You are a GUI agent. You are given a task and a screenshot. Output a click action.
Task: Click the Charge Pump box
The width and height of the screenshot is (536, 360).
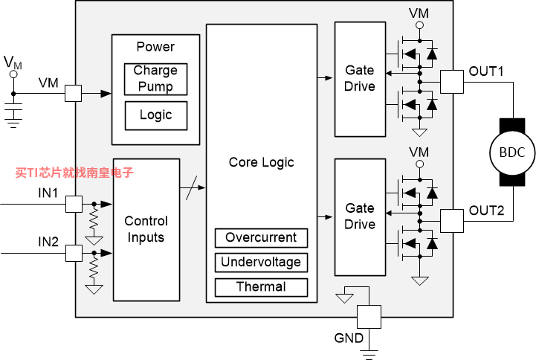coord(155,79)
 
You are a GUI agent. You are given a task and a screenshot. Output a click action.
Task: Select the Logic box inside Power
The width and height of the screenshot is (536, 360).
coord(156,115)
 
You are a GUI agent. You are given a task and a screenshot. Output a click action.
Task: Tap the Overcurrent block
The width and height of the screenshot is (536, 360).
coord(261,238)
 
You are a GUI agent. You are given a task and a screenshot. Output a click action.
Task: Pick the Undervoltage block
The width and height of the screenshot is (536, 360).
coord(261,263)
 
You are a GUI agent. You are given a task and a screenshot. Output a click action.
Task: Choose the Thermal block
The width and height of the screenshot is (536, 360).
coord(261,287)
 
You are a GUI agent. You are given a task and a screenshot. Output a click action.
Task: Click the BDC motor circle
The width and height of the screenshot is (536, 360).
coord(512,152)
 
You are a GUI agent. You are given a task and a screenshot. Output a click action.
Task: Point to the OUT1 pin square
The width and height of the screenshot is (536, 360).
coord(451,82)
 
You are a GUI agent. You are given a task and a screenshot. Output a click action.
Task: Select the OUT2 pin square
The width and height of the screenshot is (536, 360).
coord(451,221)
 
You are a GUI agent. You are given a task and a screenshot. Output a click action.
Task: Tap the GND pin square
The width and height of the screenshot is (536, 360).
coord(369,317)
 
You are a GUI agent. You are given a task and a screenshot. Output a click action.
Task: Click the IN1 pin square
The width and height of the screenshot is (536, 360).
coord(74,204)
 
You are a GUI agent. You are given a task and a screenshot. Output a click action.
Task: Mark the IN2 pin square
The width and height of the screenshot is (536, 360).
coord(74,253)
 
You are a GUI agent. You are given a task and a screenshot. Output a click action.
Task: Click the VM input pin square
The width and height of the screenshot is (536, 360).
coord(73,93)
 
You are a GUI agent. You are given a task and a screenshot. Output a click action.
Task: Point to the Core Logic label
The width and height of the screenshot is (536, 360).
coord(261,162)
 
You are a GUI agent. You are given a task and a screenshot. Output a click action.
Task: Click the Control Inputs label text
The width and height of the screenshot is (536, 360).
coord(146,229)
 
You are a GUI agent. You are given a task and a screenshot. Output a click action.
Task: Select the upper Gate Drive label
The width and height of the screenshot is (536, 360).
coord(360,78)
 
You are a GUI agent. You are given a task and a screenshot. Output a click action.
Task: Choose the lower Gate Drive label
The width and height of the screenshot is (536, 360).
coord(360,216)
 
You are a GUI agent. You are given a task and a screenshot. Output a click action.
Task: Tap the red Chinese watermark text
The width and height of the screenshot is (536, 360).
coord(74,173)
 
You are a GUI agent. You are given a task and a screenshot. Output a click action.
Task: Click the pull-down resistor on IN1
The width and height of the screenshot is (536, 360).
coord(94,220)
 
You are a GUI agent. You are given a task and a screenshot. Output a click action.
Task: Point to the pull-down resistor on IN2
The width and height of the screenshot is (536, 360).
coord(94,269)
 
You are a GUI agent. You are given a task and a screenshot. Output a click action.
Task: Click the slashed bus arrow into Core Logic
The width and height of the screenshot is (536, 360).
coord(193,187)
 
